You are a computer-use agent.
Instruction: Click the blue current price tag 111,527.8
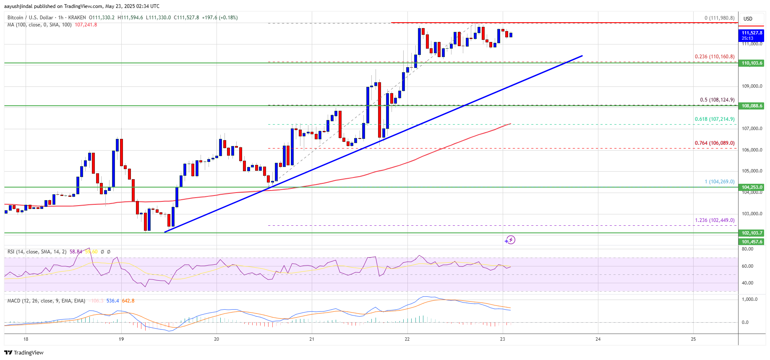pos(752,35)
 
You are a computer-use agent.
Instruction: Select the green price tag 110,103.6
pos(752,63)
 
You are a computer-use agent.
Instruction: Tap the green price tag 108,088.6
pos(752,106)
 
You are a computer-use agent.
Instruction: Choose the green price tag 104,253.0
pos(752,187)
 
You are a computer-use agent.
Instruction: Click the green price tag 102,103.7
pos(752,233)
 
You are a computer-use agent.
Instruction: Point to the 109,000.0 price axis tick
pos(752,86)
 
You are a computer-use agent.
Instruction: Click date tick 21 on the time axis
pos(312,339)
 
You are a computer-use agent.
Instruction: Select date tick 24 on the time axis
pos(598,339)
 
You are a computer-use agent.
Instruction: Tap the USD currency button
pos(748,18)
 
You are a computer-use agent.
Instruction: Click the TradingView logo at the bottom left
pos(24,352)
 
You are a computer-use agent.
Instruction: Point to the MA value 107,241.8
pos(86,25)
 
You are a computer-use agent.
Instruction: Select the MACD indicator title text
pos(46,301)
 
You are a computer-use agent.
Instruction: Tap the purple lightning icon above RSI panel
pos(510,240)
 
